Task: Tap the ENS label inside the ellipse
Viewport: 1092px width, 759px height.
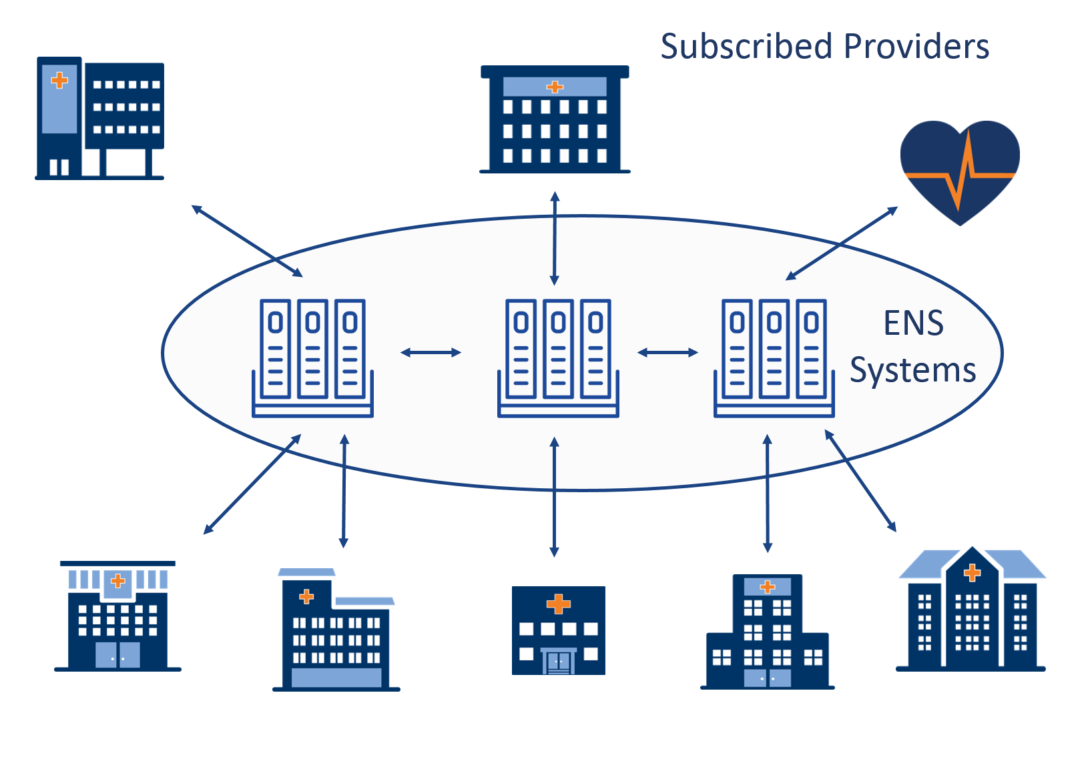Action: pos(913,323)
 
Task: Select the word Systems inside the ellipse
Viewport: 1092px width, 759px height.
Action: pos(912,370)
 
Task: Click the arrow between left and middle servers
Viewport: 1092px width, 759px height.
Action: pos(431,352)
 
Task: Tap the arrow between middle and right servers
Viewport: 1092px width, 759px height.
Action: pos(667,352)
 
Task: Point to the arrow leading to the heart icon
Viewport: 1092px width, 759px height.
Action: pos(842,243)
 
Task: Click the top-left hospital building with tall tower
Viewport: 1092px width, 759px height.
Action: pos(99,119)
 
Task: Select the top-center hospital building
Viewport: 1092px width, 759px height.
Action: pos(555,120)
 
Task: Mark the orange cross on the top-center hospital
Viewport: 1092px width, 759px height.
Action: pos(555,87)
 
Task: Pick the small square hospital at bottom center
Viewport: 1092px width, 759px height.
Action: pos(558,630)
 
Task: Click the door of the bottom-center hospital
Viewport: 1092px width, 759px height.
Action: pos(558,662)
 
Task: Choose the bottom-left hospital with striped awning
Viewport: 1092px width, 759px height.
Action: pos(117,616)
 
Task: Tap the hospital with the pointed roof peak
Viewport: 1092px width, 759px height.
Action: pos(971,610)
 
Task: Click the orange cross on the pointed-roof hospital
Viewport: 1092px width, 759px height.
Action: pos(972,572)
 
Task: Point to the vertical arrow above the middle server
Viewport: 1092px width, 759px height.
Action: pos(555,238)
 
